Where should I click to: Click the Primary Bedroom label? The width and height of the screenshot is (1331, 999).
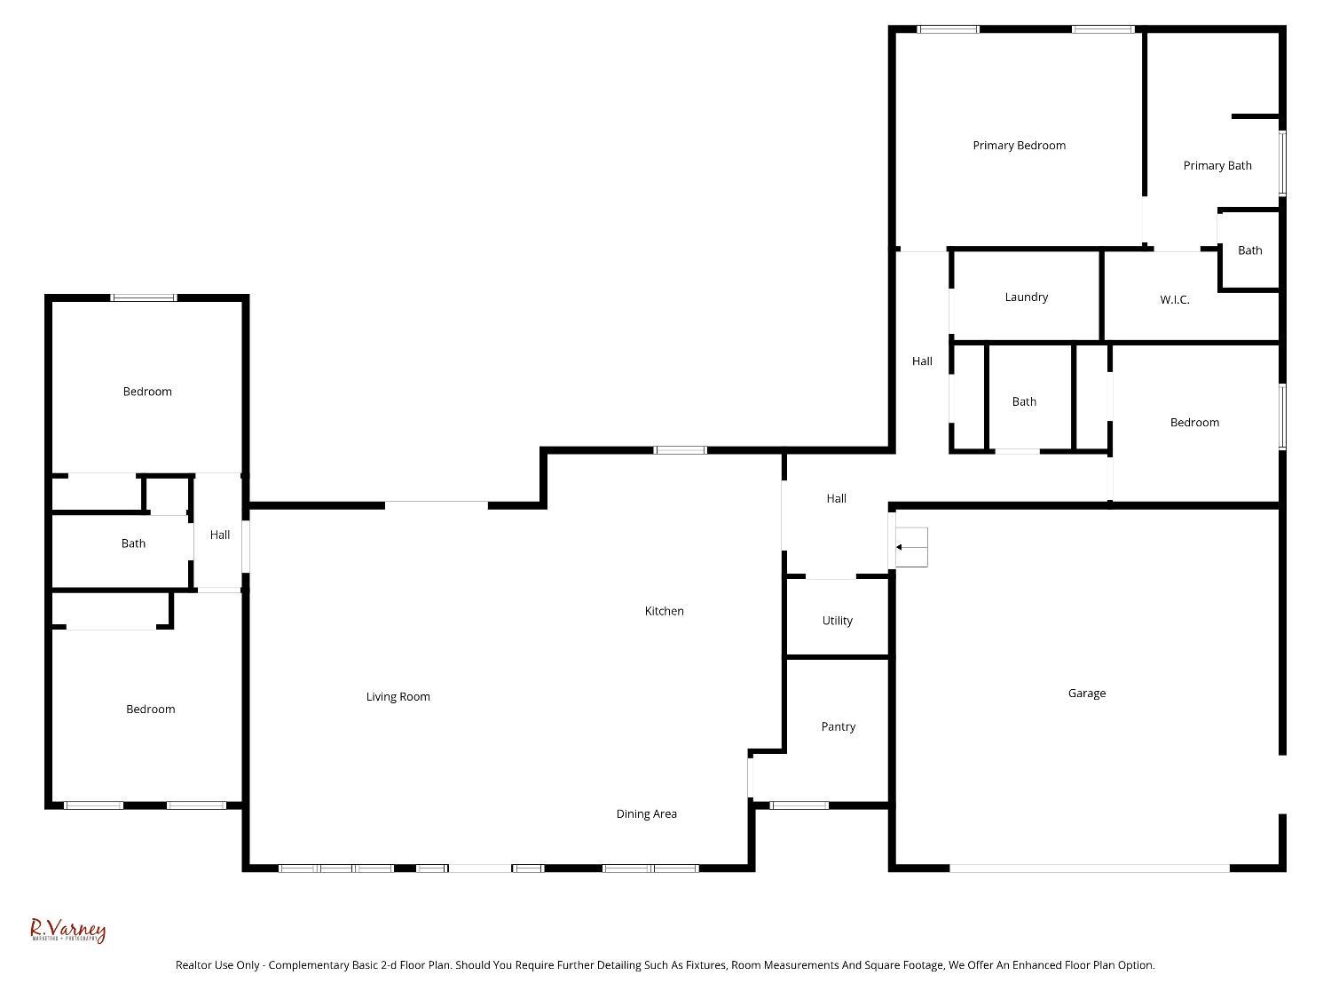click(1019, 146)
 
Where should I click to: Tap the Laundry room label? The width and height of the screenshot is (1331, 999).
click(1026, 297)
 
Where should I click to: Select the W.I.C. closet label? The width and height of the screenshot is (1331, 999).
click(1174, 300)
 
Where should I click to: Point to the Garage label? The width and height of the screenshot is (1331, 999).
click(1086, 694)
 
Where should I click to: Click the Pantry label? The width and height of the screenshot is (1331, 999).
click(838, 727)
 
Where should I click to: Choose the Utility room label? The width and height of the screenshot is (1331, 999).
click(837, 621)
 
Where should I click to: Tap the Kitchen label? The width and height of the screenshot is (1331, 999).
click(664, 611)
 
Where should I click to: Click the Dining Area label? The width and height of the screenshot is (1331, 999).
click(646, 814)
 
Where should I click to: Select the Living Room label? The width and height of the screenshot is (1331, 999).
click(398, 697)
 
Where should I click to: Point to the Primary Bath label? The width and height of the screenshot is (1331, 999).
click(1217, 166)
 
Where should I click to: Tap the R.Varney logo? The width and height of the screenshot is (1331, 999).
click(67, 931)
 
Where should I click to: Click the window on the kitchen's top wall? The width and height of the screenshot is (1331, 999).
click(681, 450)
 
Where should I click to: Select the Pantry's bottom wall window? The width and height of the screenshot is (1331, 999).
click(799, 805)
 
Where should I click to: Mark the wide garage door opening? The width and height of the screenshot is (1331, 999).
click(1089, 868)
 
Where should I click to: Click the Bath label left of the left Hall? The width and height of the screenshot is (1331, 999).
click(133, 543)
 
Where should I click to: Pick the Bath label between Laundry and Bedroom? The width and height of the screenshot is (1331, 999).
click(1024, 402)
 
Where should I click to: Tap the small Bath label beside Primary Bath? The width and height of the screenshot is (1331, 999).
click(1249, 250)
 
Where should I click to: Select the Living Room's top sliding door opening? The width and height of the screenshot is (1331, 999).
click(436, 505)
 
